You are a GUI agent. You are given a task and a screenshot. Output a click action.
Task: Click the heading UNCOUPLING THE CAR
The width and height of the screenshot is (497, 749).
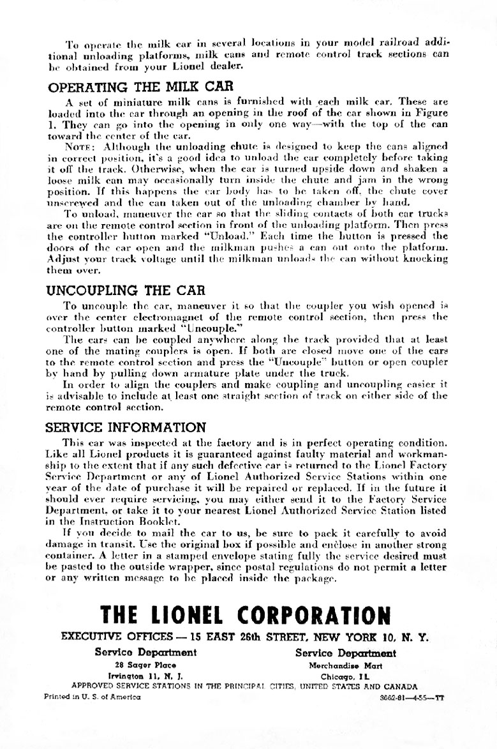(x=126, y=289)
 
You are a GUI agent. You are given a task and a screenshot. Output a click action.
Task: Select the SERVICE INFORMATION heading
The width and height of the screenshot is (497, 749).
(x=127, y=427)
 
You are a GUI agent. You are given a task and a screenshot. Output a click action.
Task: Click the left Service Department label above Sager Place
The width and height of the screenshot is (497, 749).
(x=145, y=653)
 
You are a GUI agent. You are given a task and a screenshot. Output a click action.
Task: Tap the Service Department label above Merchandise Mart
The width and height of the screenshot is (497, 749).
(x=346, y=653)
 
